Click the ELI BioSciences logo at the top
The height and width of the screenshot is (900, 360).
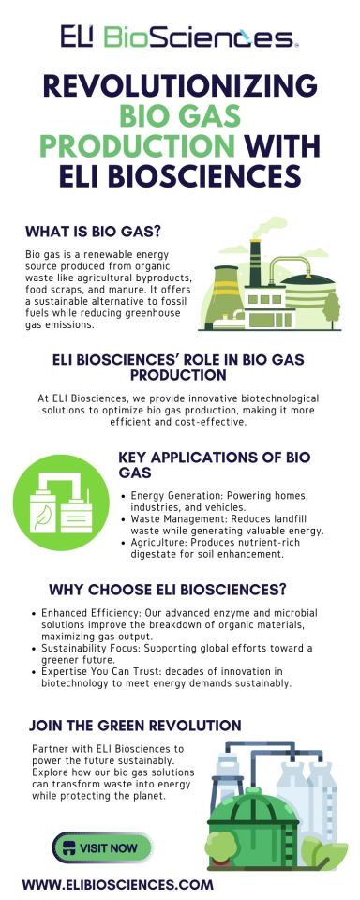pyautogui.click(x=179, y=37)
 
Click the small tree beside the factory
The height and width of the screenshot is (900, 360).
pyautogui.click(x=331, y=305)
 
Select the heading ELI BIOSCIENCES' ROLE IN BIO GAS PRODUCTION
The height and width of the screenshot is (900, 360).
pyautogui.click(x=179, y=367)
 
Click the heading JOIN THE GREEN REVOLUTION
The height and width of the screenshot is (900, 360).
pyautogui.click(x=135, y=725)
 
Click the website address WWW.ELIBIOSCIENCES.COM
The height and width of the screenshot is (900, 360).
pyautogui.click(x=117, y=883)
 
